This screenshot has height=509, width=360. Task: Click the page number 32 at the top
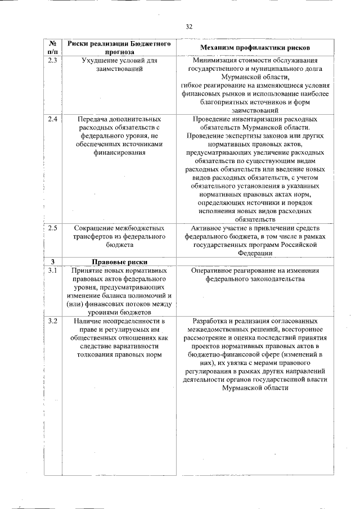[x=188, y=26]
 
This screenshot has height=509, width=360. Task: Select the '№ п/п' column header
[x=52, y=47]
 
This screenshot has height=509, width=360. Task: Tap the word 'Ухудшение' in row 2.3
[x=92, y=60]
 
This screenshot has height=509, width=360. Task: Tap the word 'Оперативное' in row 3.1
[x=213, y=271]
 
